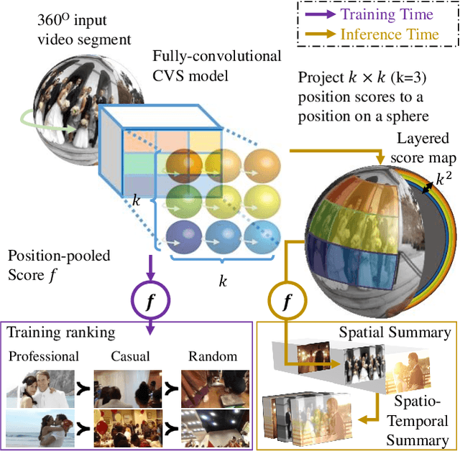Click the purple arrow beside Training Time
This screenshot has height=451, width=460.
pyautogui.click(x=318, y=14)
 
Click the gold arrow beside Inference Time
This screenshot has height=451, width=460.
pyautogui.click(x=318, y=34)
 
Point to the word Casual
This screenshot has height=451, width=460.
pyautogui.click(x=127, y=356)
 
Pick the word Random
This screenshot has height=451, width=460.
pyautogui.click(x=209, y=356)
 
